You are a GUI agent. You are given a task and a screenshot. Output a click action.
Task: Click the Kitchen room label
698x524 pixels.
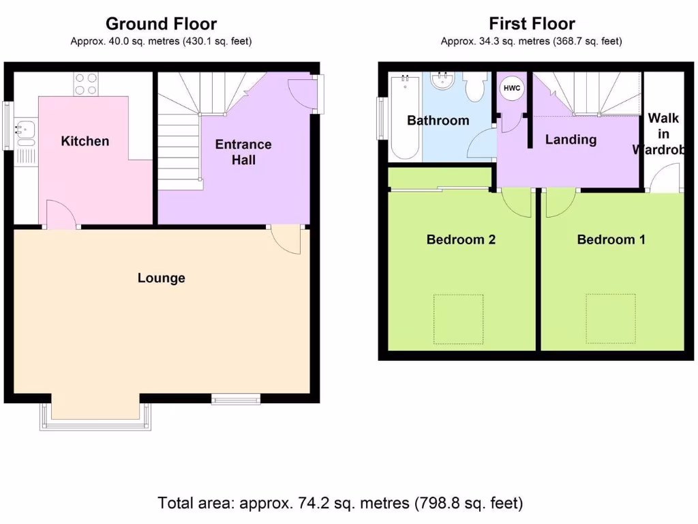[x=85, y=141]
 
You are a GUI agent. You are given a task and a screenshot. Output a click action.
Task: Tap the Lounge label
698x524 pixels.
[x=162, y=278]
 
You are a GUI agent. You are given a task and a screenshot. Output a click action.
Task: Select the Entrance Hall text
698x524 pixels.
[x=243, y=151]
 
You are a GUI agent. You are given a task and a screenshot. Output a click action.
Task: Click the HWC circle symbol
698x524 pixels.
[x=511, y=89]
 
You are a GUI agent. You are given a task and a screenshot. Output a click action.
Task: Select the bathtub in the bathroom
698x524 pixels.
[x=405, y=117]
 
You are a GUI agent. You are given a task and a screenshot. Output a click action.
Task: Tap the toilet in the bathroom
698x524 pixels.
[x=473, y=87]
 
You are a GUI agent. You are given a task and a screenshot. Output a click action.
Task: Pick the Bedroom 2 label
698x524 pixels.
[x=461, y=239]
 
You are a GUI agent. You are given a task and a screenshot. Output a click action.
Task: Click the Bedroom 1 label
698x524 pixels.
[x=611, y=239]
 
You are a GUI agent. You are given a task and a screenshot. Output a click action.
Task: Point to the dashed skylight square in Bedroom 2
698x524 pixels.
[x=459, y=319]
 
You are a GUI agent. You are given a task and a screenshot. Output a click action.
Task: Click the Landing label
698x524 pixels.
[x=571, y=139]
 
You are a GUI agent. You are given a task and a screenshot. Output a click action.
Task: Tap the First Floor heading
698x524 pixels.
[x=532, y=24]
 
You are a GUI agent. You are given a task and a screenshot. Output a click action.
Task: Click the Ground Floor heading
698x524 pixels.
[x=161, y=24]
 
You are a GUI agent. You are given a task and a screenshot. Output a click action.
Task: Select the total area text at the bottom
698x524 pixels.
[x=340, y=504]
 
